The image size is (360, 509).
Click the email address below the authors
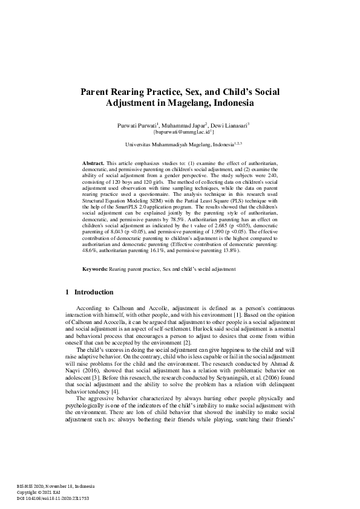pos(180,131)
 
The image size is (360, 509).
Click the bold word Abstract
pos(93,163)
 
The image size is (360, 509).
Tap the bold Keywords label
pos(96,285)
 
